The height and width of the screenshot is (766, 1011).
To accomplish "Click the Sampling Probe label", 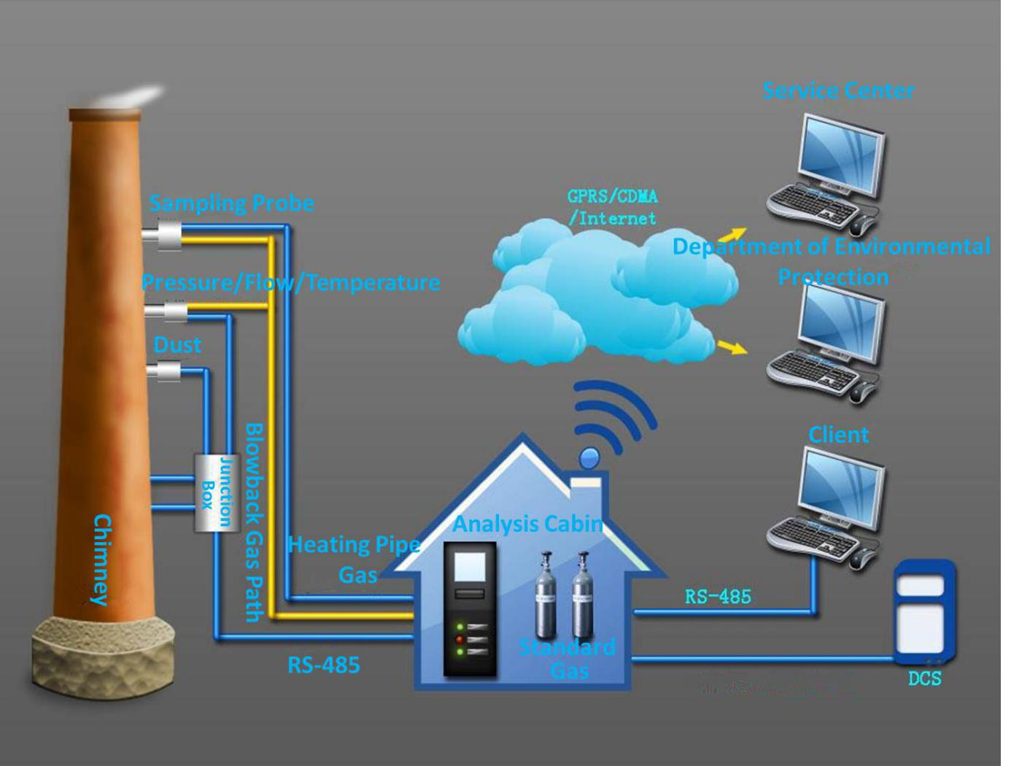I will click(231, 204).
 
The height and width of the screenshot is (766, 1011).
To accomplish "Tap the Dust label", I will click(177, 344).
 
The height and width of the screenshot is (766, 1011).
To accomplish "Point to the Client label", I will click(838, 435).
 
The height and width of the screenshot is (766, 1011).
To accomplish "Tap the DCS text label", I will click(924, 678).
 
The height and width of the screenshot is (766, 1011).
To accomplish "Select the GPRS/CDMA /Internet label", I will click(612, 207).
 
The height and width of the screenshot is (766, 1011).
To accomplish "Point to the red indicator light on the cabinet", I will click(460, 639).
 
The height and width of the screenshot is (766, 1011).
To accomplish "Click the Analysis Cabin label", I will click(527, 524).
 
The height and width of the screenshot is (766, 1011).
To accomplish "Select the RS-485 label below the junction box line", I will click(323, 665).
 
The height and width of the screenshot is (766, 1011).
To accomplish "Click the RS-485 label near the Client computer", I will click(718, 597).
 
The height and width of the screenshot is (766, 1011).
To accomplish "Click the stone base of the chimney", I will click(102, 653).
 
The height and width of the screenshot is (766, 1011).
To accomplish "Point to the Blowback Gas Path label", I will click(253, 522).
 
